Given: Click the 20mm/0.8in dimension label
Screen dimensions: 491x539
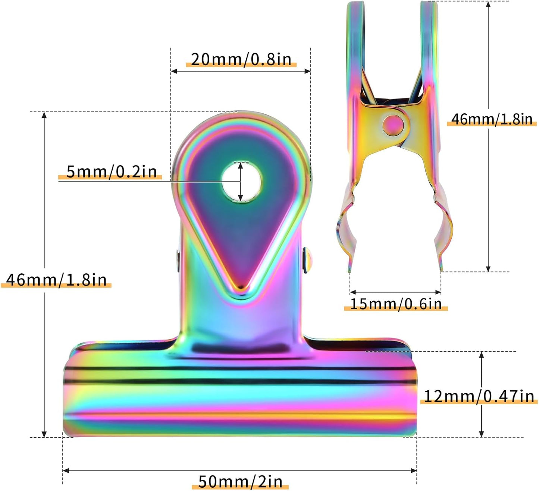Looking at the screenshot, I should tap(241, 59).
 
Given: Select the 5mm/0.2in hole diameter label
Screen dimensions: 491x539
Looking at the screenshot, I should tap(111, 171).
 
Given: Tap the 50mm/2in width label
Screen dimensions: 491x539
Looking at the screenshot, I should tap(240, 481).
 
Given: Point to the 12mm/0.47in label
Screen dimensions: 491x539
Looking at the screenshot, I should tap(479, 396).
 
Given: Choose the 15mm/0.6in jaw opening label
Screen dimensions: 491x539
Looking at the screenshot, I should tap(396, 304).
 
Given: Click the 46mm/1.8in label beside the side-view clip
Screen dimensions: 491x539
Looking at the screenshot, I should tap(492, 119).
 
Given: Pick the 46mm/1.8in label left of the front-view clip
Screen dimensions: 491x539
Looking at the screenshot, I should tap(56, 280).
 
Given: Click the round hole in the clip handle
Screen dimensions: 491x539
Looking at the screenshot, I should tap(241, 182).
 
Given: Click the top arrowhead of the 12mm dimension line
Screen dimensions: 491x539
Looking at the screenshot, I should tap(481, 355).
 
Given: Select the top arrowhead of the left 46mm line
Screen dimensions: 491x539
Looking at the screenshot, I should tap(44, 115).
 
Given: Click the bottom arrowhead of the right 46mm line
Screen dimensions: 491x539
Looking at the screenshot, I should tap(488, 269).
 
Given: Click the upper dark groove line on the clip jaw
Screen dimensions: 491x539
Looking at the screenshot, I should tap(239, 368).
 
